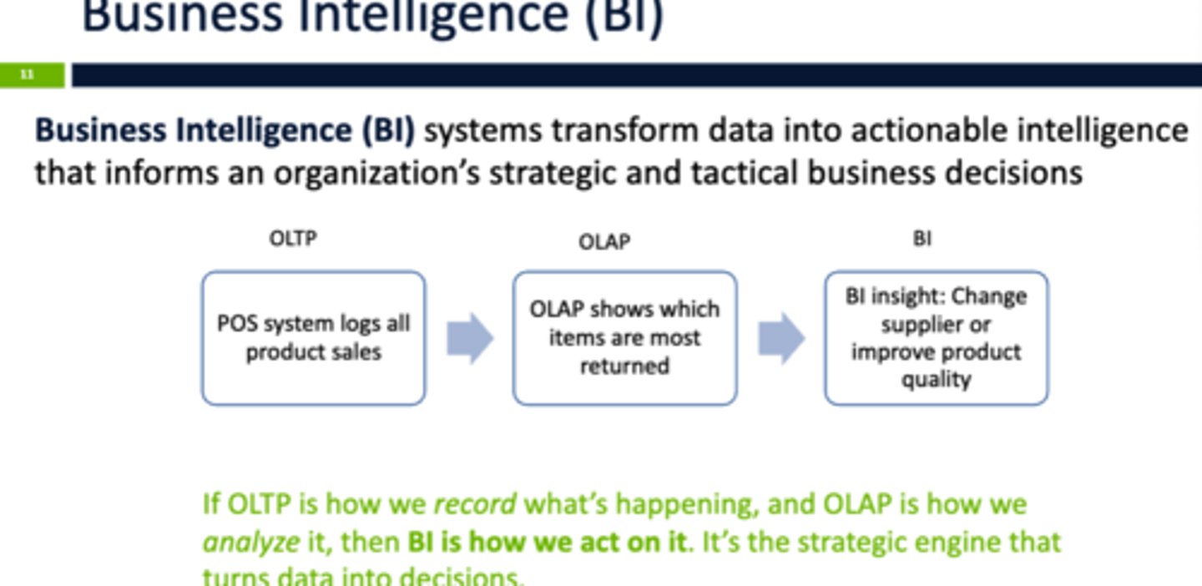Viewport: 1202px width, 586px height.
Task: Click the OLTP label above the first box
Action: coord(293,239)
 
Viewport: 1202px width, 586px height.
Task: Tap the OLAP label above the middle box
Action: coord(604,242)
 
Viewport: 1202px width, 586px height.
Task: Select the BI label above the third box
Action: coord(922,239)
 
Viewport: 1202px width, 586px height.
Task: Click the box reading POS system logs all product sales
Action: coord(313,338)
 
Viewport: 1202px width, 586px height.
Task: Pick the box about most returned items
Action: coord(624,338)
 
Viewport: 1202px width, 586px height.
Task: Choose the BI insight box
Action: coord(936,338)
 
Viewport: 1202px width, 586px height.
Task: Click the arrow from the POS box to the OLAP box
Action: coord(470,338)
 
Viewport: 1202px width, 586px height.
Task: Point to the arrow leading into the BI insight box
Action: coord(781,338)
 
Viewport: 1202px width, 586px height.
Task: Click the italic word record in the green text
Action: coord(475,504)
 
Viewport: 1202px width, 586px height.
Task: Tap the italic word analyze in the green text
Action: coord(251,542)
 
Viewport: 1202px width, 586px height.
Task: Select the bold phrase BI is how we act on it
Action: coord(547,542)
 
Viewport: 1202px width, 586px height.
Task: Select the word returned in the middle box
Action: coord(624,366)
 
